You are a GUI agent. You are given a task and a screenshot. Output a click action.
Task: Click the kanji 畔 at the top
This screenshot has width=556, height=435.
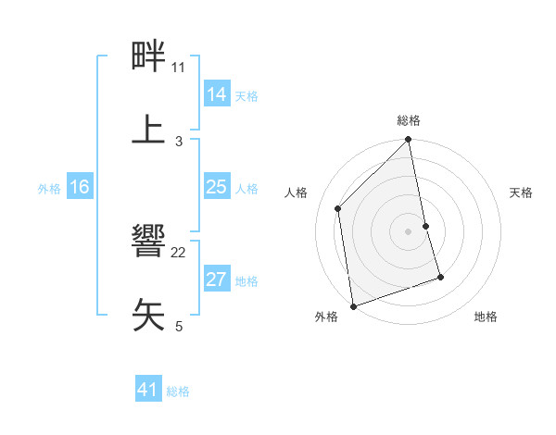149,57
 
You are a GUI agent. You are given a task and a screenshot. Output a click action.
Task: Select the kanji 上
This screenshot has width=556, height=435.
149,129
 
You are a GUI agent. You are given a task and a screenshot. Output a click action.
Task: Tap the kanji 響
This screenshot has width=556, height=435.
149,242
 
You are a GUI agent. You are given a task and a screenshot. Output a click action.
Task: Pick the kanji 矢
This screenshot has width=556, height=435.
149,314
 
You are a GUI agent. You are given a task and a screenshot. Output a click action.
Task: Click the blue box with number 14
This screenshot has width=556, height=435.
217,94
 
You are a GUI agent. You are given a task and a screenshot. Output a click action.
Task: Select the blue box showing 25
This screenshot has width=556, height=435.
217,188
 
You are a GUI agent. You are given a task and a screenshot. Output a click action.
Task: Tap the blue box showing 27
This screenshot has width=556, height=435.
217,280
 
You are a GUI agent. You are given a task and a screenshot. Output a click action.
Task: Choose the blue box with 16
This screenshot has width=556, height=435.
80,188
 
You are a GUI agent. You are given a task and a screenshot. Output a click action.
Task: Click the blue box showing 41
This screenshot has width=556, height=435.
148,391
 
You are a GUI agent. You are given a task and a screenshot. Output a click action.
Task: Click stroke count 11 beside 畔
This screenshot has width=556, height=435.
179,68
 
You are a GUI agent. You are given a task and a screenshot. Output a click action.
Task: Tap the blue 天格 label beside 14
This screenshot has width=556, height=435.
246,96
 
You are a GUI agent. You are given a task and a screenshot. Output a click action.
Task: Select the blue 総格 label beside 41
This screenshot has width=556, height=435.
178,392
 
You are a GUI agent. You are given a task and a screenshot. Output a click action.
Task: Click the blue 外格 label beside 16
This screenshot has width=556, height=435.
49,189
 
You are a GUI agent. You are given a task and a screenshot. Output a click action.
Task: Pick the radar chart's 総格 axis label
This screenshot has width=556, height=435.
409,120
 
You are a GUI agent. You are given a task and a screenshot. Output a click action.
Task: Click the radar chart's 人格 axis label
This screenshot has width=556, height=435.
297,193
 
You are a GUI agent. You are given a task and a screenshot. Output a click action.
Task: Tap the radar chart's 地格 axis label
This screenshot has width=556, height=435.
486,317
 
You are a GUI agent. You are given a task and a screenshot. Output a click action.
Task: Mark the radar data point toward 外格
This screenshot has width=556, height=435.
353,305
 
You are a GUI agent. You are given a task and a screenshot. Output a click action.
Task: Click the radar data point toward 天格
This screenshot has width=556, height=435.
426,226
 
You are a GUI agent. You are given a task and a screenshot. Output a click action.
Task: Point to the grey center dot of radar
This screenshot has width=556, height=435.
409,231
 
